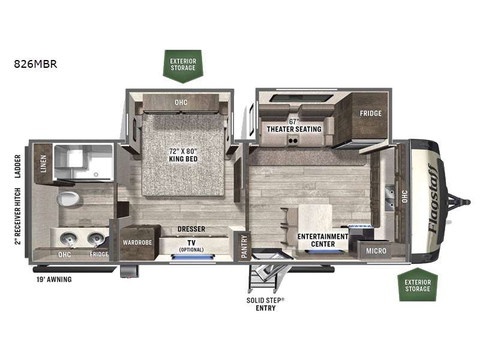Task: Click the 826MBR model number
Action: click(35, 64)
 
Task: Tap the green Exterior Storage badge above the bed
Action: click(183, 66)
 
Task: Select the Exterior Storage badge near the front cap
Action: click(418, 284)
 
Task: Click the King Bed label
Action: click(183, 155)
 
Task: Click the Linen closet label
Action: click(43, 163)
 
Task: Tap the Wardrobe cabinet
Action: click(137, 242)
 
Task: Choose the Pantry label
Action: click(244, 247)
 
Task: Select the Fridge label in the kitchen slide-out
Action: click(371, 113)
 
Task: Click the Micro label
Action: click(376, 251)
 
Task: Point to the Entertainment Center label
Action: click(323, 241)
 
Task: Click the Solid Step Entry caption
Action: click(265, 304)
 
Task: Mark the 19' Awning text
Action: click(54, 279)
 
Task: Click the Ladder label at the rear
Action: click(18, 166)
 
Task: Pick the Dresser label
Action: click(191, 229)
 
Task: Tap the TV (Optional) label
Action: click(191, 246)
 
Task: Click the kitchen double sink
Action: click(389, 198)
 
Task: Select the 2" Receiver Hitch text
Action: click(18, 216)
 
